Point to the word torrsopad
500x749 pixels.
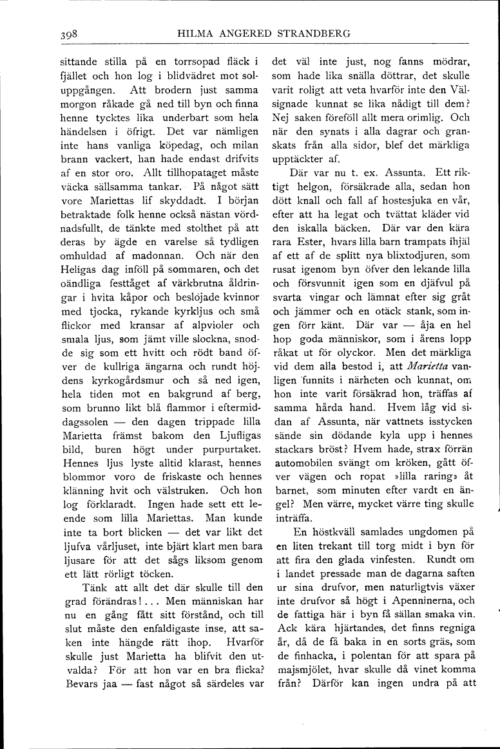coord(185,62)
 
